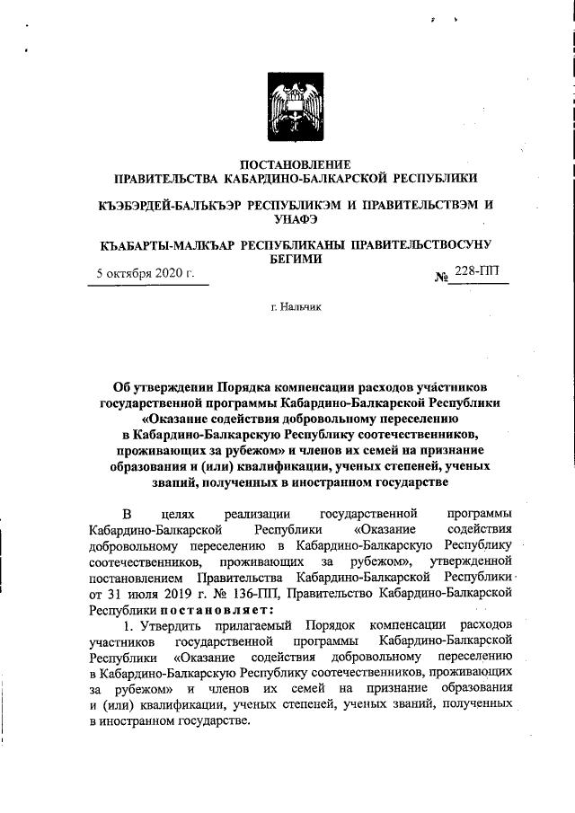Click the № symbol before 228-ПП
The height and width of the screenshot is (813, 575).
441,275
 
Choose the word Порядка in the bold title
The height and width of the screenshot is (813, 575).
249,386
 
